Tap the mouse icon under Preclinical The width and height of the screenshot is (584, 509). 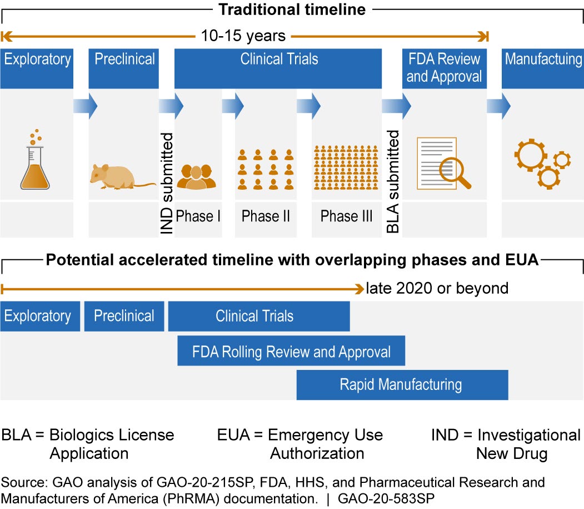(120, 175)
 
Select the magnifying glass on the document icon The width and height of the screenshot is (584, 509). (455, 172)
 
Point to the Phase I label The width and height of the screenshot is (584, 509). (198, 216)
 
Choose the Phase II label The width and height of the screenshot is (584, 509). (266, 216)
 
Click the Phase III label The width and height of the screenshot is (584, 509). (346, 216)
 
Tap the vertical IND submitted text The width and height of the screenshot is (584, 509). (167, 183)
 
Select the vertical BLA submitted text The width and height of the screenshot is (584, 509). (393, 181)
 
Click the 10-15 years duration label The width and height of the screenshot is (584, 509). (243, 37)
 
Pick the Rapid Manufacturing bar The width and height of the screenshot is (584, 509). (402, 384)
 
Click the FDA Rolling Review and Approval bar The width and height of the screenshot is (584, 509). (291, 352)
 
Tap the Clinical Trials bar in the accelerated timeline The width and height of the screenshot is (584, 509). (259, 317)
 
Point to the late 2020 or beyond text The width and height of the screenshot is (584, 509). (437, 288)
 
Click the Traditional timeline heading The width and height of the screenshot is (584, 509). (291, 9)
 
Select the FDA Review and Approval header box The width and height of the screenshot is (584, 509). (445, 68)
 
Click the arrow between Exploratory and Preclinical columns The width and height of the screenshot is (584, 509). (85, 103)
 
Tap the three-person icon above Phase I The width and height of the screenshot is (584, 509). (196, 176)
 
